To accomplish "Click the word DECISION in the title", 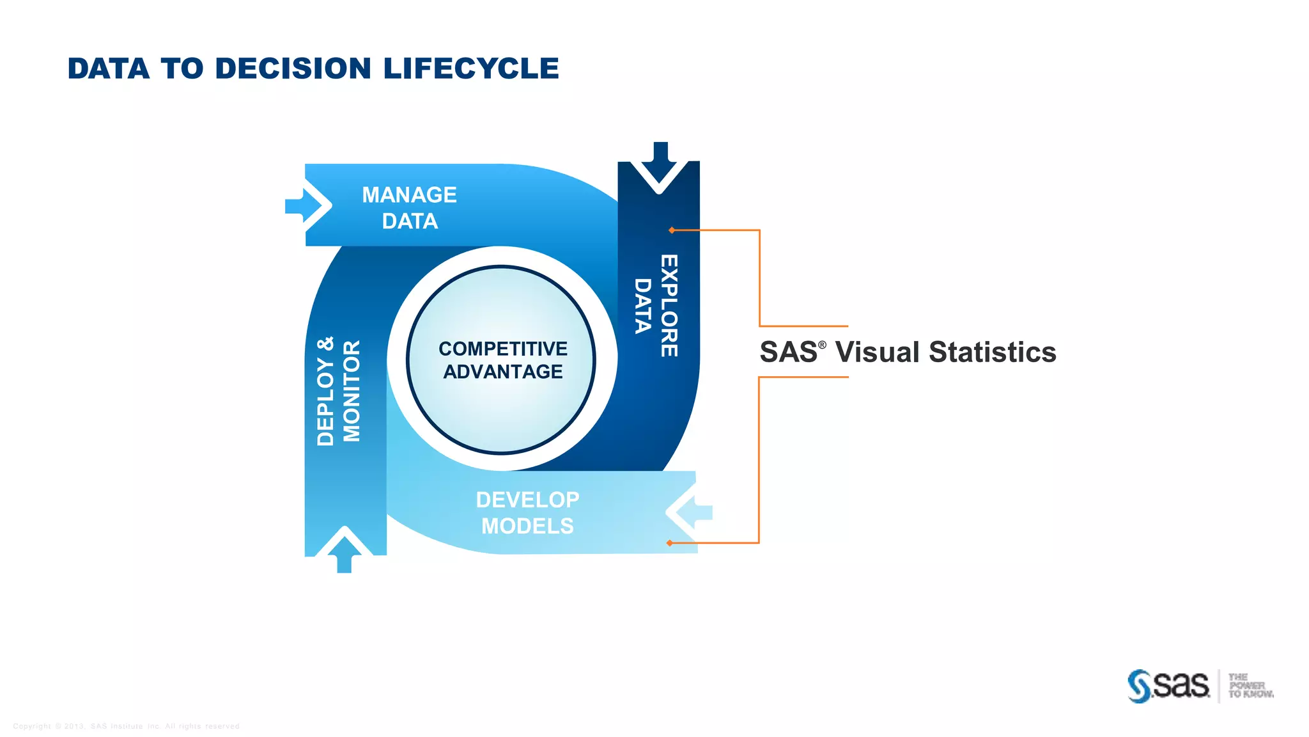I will (x=293, y=68).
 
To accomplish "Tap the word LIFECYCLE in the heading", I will (x=471, y=68).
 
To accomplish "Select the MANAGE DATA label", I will (x=409, y=208).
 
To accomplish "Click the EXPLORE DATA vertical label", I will (x=656, y=306).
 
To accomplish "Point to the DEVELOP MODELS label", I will (x=527, y=512).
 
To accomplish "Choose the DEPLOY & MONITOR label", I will (x=339, y=391).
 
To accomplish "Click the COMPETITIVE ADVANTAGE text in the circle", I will (x=503, y=360).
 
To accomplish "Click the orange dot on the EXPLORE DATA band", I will (x=672, y=230).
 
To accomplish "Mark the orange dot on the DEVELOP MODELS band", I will (x=669, y=543).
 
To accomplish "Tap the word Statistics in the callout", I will (x=992, y=353).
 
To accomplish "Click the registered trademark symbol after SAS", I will (x=822, y=345).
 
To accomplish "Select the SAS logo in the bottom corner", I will (x=1168, y=686).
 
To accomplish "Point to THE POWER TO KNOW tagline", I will (x=1250, y=686).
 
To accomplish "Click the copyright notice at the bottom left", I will (x=126, y=726).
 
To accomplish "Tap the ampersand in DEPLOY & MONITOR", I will (x=325, y=344).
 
